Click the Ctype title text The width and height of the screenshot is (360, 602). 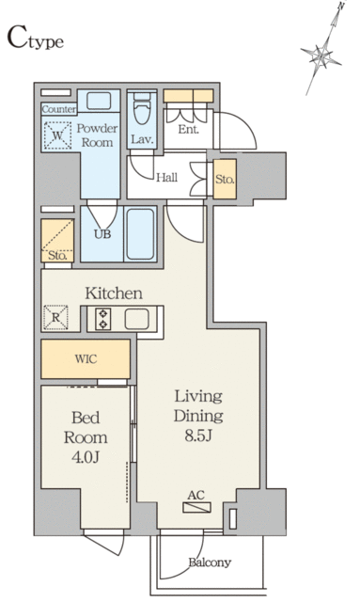(36, 39)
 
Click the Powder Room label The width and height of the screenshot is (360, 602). (96, 135)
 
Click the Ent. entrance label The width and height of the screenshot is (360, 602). (188, 129)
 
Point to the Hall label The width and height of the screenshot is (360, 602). (167, 177)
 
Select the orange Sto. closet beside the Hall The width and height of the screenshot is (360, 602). (224, 179)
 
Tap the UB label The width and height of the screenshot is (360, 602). (102, 234)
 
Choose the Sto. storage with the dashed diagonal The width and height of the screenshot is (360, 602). (56, 243)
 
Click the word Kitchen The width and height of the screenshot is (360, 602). (114, 293)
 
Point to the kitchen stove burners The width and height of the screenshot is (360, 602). (103, 320)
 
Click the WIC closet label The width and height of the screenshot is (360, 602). (86, 358)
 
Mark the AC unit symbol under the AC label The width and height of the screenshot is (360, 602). (196, 508)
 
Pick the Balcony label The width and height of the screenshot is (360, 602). (209, 562)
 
